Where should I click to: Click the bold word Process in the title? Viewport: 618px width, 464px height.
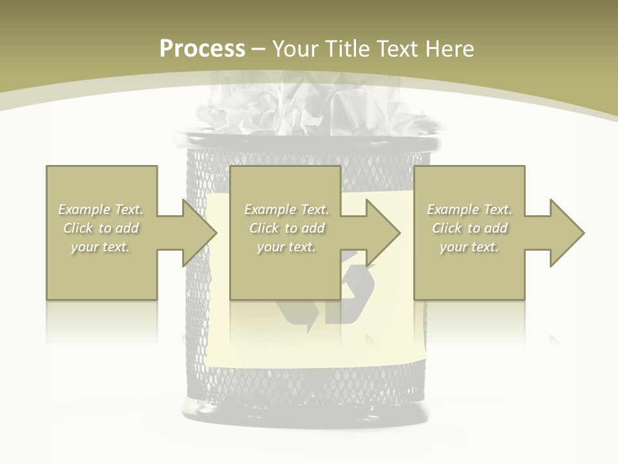coord(202,49)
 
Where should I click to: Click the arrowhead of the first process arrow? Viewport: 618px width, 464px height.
coord(200,233)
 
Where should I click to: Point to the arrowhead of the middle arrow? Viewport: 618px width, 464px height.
coord(383,233)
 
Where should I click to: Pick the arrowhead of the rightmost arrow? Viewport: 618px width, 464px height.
coord(567,233)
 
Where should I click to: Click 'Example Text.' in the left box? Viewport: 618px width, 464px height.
coord(101,209)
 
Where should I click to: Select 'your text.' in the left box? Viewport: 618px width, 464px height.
coord(101,247)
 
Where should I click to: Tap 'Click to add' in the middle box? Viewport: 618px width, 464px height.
coord(286,228)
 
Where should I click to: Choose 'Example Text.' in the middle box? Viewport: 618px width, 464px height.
coord(286,209)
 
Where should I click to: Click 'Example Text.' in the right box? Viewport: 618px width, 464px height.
coord(469,209)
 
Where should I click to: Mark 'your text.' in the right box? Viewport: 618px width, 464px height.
coord(469,247)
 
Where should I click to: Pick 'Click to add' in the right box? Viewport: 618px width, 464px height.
coord(469,228)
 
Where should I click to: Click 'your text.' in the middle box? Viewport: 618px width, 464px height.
coord(286,247)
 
